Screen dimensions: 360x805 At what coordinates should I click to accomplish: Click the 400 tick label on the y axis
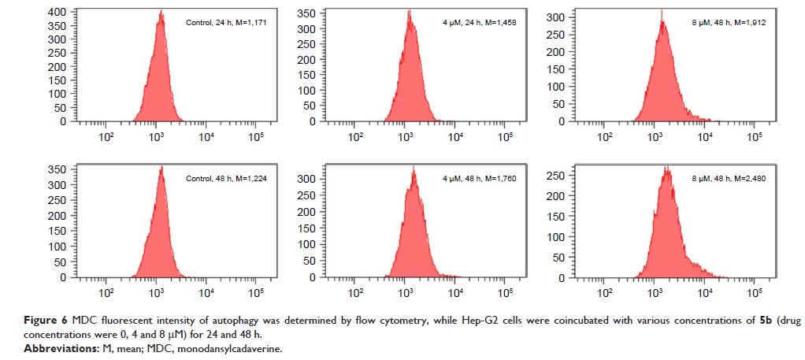pyautogui.click(x=57, y=13)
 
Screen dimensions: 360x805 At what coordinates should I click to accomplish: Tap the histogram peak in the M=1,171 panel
pyautogui.click(x=161, y=12)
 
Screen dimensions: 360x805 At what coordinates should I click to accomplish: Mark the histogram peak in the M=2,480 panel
pyautogui.click(x=667, y=167)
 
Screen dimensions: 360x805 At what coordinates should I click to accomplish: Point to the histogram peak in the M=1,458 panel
pyautogui.click(x=410, y=11)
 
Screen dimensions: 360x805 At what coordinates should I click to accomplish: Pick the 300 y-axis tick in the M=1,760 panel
pyautogui.click(x=307, y=179)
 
